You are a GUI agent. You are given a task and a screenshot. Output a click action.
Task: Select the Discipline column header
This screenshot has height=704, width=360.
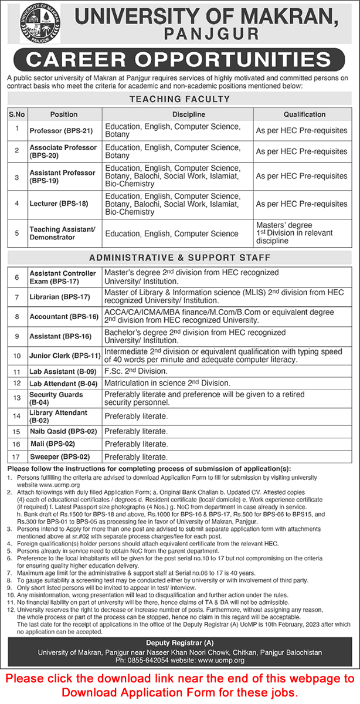click(x=180, y=114)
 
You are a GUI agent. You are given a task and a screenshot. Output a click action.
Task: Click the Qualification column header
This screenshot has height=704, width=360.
click(x=304, y=114)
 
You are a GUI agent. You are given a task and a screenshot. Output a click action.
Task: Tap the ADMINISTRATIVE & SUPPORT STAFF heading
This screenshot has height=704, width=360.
click(x=180, y=257)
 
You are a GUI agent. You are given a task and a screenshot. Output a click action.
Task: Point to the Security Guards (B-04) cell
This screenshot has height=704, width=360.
click(x=56, y=399)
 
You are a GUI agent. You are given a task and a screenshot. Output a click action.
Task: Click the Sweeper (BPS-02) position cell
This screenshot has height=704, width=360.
click(x=58, y=457)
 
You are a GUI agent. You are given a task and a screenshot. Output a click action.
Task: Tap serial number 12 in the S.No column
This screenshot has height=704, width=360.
click(x=17, y=383)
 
